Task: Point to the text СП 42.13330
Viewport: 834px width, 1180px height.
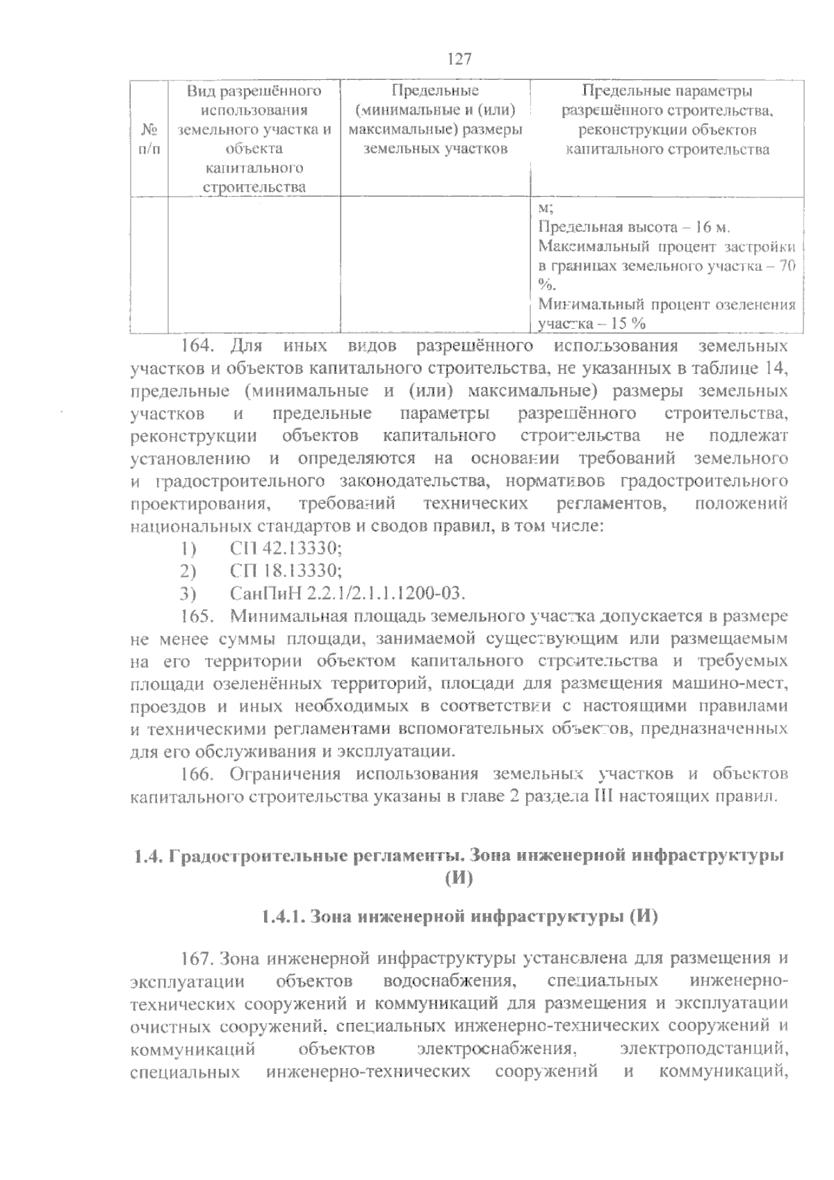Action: (x=286, y=549)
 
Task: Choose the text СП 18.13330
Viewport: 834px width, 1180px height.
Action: (x=286, y=571)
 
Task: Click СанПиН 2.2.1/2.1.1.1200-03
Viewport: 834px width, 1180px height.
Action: (x=346, y=593)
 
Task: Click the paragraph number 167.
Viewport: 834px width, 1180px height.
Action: (x=196, y=958)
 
